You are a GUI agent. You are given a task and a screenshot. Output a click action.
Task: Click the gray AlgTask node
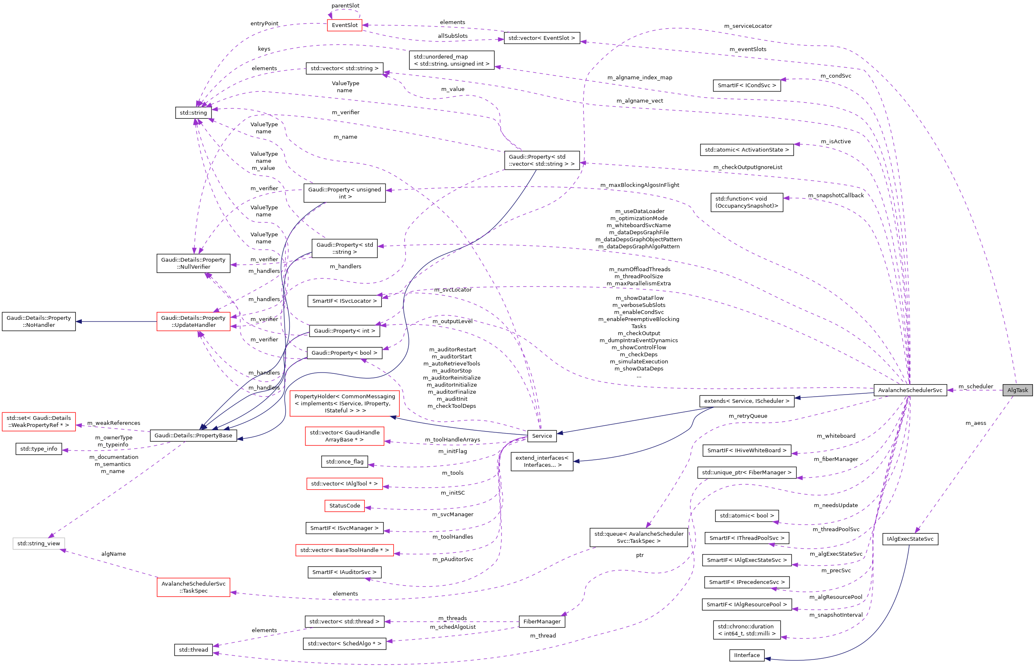(1017, 390)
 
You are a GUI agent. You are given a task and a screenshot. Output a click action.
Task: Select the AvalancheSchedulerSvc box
(910, 390)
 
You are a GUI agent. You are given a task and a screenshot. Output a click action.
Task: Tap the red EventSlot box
(344, 25)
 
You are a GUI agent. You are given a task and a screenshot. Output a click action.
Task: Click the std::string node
(193, 113)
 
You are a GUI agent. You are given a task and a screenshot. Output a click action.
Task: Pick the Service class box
(541, 436)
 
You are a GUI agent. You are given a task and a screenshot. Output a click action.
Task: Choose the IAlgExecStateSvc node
(910, 539)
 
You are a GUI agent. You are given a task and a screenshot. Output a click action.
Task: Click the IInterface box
(747, 655)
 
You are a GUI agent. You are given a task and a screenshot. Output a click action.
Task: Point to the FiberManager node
(541, 621)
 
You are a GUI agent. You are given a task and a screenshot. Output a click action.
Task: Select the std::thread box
(193, 650)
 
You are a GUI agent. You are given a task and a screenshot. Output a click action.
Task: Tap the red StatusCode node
(344, 505)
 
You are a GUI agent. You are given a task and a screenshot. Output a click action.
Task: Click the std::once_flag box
(344, 461)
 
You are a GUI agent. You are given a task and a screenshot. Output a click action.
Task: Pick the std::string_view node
(39, 543)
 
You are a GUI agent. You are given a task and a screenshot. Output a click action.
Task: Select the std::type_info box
(39, 449)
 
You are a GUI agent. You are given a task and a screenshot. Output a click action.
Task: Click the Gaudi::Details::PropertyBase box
(193, 435)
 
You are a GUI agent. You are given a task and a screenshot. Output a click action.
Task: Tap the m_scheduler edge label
(976, 386)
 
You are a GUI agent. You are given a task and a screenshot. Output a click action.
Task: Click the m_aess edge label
(976, 423)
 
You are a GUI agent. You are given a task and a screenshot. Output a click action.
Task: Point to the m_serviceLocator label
(748, 26)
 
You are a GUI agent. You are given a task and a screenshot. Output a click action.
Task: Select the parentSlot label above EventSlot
(345, 6)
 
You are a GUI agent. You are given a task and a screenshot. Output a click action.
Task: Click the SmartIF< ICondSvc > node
(747, 85)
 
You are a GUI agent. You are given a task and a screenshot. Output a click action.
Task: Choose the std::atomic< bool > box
(747, 515)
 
